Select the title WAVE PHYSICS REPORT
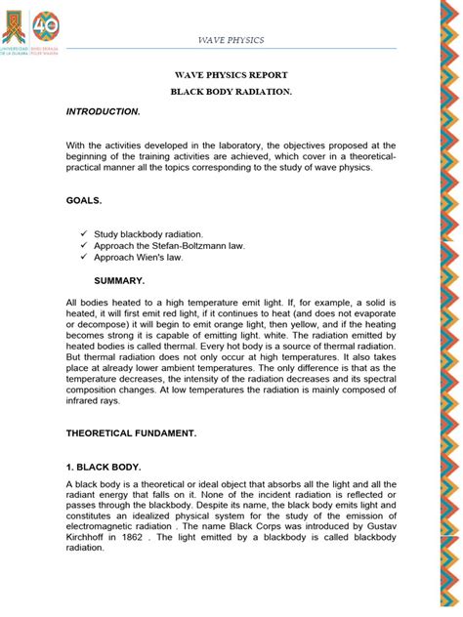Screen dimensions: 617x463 click(x=232, y=74)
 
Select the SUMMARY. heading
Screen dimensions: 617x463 click(x=119, y=280)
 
